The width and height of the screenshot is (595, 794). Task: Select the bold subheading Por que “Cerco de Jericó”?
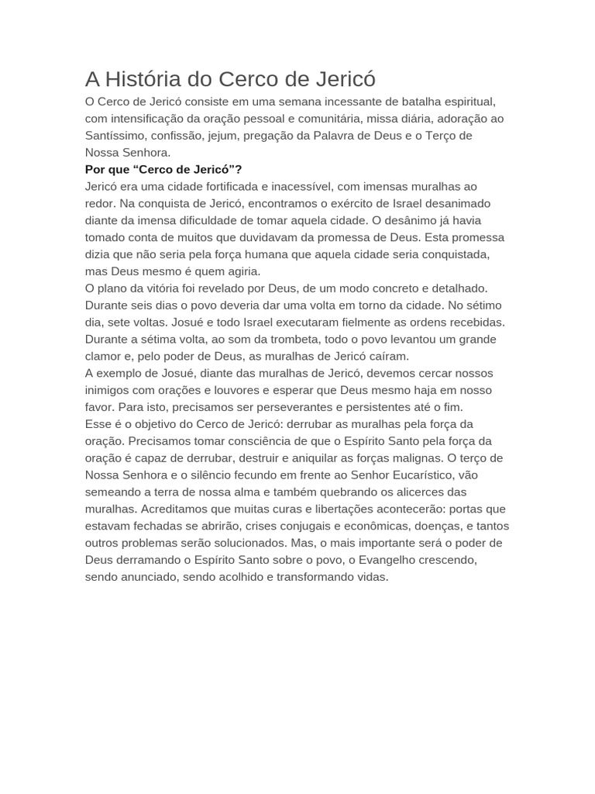163,169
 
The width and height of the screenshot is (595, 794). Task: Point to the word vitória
162,288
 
